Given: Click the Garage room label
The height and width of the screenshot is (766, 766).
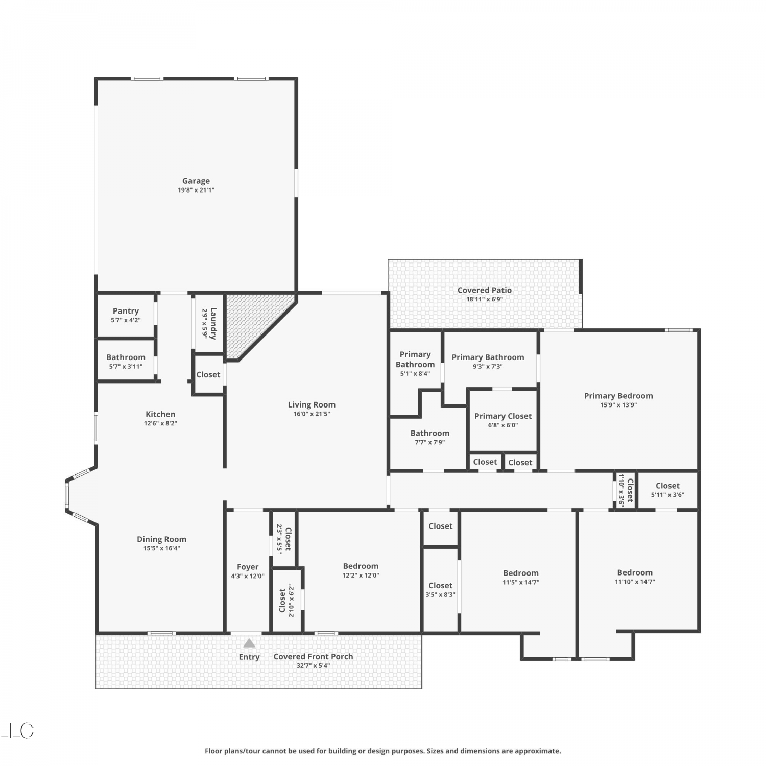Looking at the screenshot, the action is [x=196, y=181].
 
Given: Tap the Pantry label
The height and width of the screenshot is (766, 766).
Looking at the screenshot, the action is [x=126, y=311].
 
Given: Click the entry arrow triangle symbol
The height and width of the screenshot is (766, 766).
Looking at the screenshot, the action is [x=249, y=643].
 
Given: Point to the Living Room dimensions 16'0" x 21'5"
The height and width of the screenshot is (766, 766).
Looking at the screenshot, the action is [x=312, y=414].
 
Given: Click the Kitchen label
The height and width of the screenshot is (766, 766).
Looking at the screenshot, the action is [x=160, y=414].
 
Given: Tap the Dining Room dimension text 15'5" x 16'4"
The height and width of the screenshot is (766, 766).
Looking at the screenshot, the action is [x=161, y=548].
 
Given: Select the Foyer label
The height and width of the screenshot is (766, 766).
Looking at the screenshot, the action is [x=248, y=567].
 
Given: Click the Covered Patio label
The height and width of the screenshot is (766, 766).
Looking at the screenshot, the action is [x=485, y=290].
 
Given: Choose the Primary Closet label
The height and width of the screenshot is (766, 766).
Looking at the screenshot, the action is [x=503, y=416].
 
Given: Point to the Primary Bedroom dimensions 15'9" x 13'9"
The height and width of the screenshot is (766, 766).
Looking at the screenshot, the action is [x=618, y=405].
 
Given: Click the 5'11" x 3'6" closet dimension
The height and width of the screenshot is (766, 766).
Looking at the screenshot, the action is [x=667, y=494].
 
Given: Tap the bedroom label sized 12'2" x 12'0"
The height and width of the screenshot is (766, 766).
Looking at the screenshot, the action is [x=361, y=566].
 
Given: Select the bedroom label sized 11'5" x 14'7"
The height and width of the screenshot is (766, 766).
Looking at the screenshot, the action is [x=521, y=573].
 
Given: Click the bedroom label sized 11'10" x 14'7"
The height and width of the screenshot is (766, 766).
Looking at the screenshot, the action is [x=635, y=572].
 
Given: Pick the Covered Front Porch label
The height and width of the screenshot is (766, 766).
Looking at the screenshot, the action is [x=313, y=657].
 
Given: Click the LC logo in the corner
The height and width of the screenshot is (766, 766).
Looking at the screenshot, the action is [x=18, y=731].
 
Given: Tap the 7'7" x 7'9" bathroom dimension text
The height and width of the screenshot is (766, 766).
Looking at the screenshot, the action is [x=430, y=442].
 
